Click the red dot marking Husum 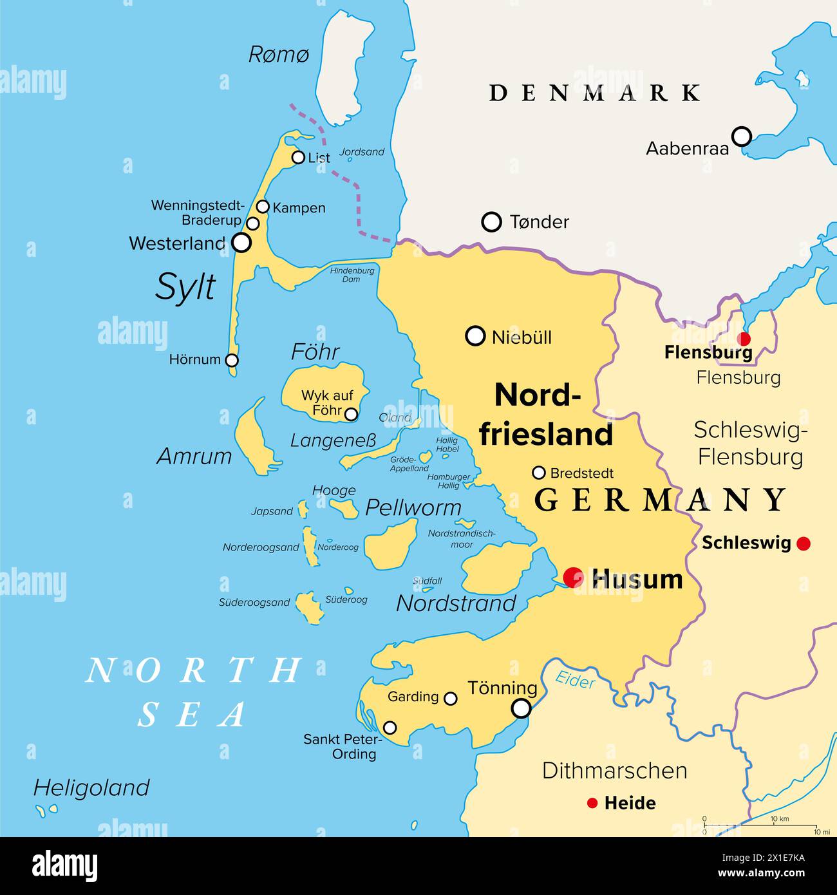pyautogui.click(x=573, y=577)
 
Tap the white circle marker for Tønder pyautogui.click(x=492, y=222)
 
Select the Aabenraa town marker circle pyautogui.click(x=742, y=136)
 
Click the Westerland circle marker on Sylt pyautogui.click(x=241, y=243)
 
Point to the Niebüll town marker pyautogui.click(x=475, y=336)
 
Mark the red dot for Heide pyautogui.click(x=592, y=803)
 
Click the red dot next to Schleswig pyautogui.click(x=803, y=543)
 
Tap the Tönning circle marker pyautogui.click(x=521, y=708)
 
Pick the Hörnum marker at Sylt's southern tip pyautogui.click(x=232, y=360)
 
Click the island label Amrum pyautogui.click(x=194, y=457)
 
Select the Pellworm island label pyautogui.click(x=413, y=507)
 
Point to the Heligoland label pyautogui.click(x=91, y=787)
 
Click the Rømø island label pyautogui.click(x=279, y=55)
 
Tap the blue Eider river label pyautogui.click(x=574, y=679)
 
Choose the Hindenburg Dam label pyautogui.click(x=352, y=275)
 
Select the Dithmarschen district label pyautogui.click(x=614, y=771)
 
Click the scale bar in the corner pyautogui.click(x=760, y=825)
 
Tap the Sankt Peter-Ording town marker pyautogui.click(x=390, y=728)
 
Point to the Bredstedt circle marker pyautogui.click(x=539, y=473)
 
